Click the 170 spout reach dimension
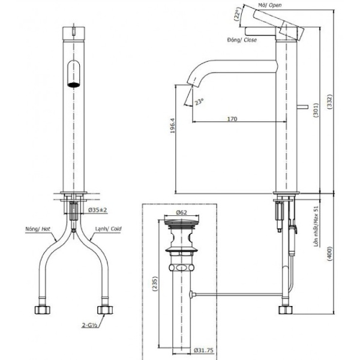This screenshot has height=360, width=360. point(232,119)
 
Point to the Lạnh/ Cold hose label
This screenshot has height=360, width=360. point(108,229)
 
